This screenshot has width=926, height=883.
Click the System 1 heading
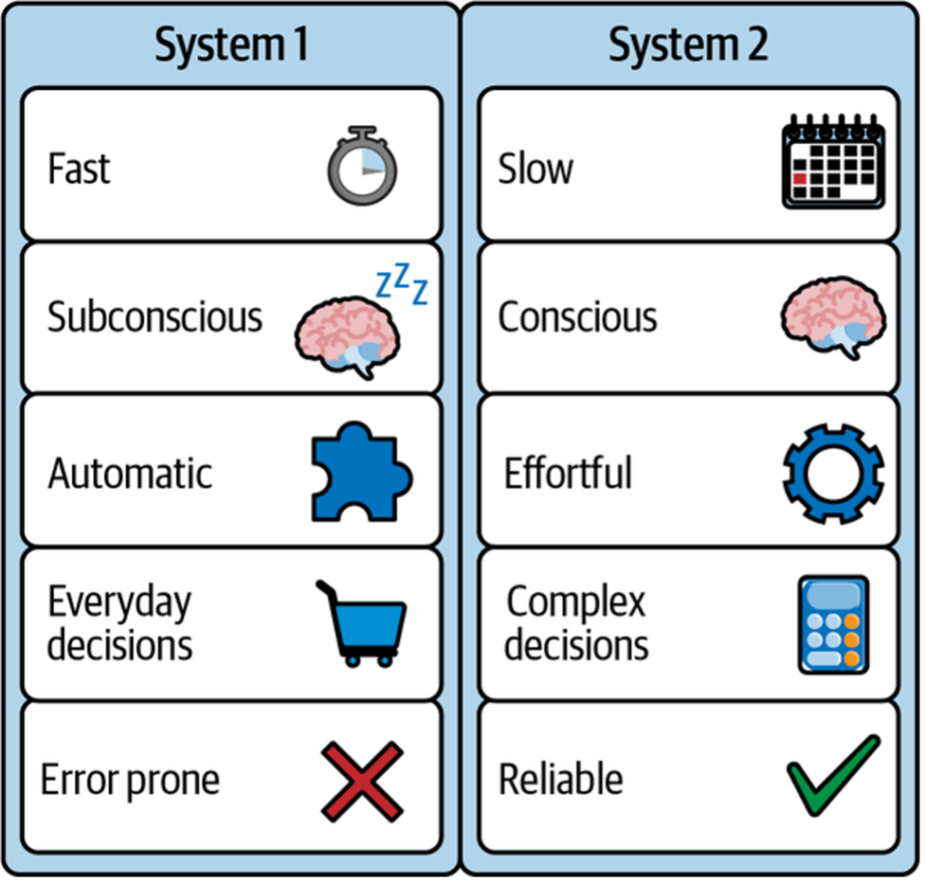[231, 44]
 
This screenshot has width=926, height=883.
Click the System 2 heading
[688, 44]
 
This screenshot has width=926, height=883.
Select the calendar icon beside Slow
[833, 162]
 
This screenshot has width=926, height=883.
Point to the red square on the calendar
[799, 178]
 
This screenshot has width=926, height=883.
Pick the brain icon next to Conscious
[833, 317]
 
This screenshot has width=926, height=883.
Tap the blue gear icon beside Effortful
[833, 472]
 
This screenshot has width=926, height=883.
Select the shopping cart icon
[364, 624]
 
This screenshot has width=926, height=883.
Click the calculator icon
[833, 624]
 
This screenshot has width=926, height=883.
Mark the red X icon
[362, 780]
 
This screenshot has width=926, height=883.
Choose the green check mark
[833, 776]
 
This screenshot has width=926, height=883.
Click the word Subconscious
[155, 318]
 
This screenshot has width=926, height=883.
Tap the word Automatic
[130, 473]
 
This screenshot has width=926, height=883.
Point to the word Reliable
[561, 779]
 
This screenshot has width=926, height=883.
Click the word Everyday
[119, 603]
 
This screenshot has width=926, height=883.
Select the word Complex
[576, 603]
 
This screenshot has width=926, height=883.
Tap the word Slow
[535, 169]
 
